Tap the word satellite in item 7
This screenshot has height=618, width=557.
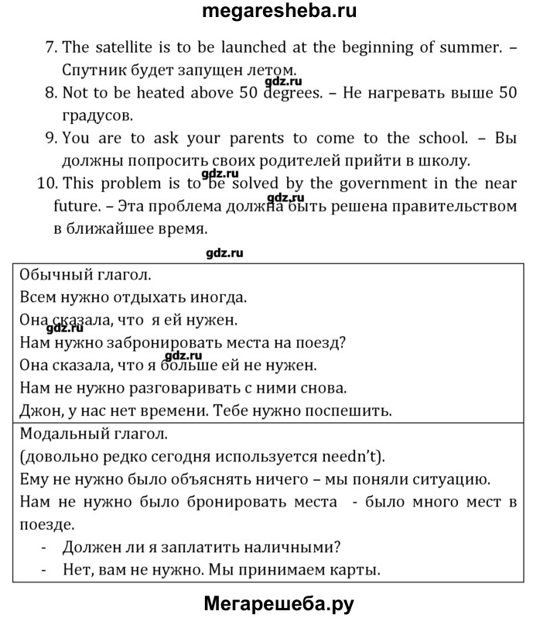[x=122, y=47]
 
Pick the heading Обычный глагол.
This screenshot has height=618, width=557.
[x=85, y=274]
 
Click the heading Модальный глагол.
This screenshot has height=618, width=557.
[x=97, y=433]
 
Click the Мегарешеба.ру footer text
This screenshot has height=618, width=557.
[x=278, y=603]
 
